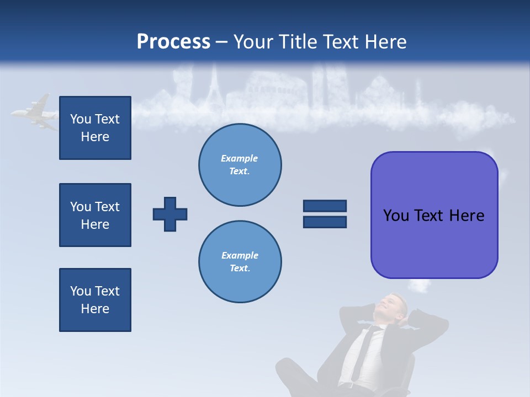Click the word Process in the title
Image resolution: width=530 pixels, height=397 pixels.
click(173, 42)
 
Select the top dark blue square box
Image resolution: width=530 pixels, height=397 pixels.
click(95, 128)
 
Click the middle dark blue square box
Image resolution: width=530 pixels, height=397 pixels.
click(95, 215)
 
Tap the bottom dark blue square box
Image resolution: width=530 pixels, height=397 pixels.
click(95, 300)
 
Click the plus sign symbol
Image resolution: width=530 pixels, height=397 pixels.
click(170, 214)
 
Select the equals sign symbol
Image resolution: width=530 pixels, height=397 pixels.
click(325, 214)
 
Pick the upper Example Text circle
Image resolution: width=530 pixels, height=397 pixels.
click(240, 165)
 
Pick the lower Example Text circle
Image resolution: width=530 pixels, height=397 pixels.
click(240, 262)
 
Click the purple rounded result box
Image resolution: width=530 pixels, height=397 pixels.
click(434, 215)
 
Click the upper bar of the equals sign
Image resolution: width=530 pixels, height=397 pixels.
click(325, 206)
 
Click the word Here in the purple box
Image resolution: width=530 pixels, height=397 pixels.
click(467, 216)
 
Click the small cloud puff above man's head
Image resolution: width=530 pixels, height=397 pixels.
click(420, 286)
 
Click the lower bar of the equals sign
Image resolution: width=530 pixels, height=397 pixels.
click(325, 222)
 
